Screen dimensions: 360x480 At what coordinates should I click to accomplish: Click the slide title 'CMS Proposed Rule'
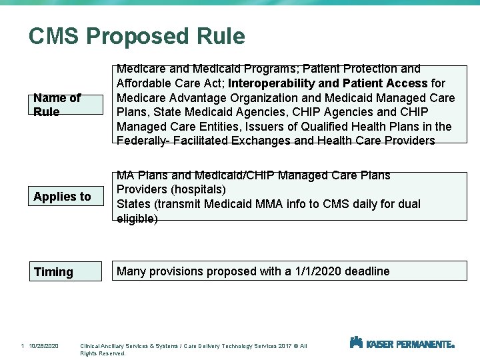pos(137,36)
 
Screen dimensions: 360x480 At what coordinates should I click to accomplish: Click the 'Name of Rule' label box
pos(65,105)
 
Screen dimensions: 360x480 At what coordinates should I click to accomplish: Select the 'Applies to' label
pos(62,197)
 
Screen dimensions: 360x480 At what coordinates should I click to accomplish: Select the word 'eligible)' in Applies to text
pos(137,219)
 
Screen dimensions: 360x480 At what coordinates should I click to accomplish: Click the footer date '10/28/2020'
pos(44,346)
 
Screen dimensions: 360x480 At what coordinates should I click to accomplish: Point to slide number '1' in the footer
pos(22,346)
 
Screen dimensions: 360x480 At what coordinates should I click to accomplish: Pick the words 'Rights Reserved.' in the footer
pos(103,353)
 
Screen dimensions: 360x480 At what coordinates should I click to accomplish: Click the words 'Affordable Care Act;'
pos(169,83)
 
